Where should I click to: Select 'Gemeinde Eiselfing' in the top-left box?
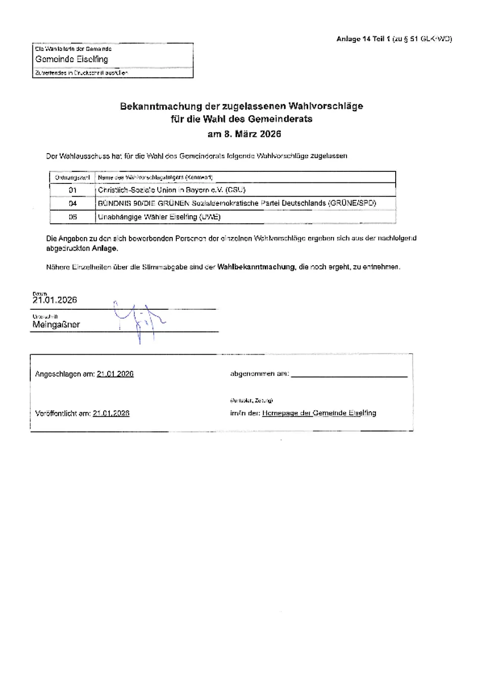72,59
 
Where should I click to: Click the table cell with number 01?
73,190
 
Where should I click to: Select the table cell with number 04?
73,203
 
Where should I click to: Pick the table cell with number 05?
73,217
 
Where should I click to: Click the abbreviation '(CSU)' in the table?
235,190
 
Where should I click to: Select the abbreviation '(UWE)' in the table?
210,217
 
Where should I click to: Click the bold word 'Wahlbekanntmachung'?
256,267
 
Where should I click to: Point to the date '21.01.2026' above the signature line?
55,300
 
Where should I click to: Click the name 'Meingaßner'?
56,324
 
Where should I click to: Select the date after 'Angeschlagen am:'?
115,374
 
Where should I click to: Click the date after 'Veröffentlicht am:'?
111,413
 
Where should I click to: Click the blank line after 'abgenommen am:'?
349,375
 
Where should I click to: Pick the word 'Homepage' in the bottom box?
279,413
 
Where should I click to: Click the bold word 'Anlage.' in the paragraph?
105,249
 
